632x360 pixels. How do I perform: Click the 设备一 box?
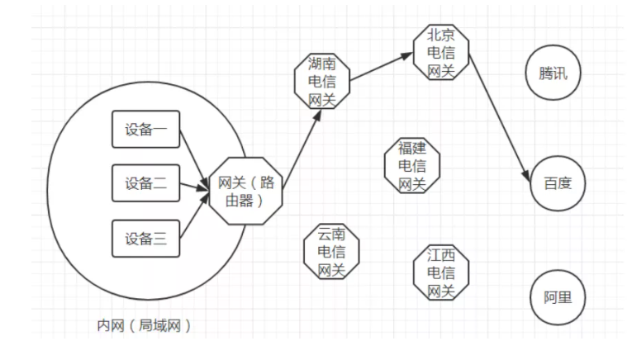(x=145, y=130)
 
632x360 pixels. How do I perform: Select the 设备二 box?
(x=145, y=184)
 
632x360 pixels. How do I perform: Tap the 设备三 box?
(x=145, y=239)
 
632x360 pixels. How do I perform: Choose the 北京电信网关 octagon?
(x=441, y=53)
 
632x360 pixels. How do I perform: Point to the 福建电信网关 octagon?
(x=412, y=166)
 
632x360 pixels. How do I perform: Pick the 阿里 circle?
(x=558, y=297)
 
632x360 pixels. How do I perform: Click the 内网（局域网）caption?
(x=145, y=325)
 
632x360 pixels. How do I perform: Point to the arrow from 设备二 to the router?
(x=193, y=187)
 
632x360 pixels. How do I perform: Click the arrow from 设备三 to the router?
(x=193, y=216)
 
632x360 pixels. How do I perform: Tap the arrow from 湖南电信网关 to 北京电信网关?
(x=381, y=69)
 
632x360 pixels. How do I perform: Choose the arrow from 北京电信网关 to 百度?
(x=499, y=116)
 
